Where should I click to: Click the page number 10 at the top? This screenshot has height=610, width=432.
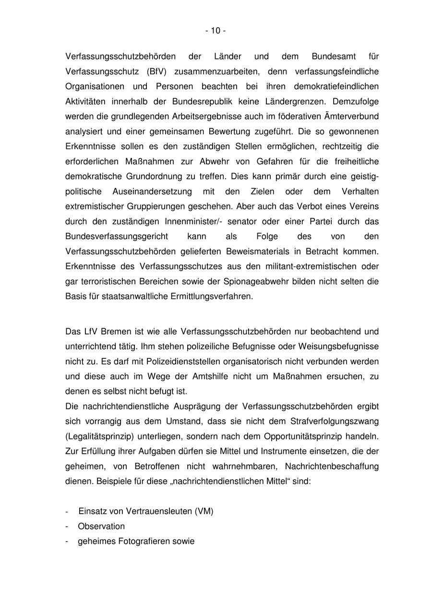[x=216, y=31]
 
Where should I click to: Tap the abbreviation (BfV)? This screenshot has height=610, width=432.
[x=157, y=71]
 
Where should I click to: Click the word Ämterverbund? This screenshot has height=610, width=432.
[x=354, y=116]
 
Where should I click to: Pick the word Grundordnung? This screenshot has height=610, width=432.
[x=147, y=176]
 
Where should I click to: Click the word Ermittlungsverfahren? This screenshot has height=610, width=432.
[x=211, y=296]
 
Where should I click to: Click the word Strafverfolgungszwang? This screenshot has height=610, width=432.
[x=335, y=421]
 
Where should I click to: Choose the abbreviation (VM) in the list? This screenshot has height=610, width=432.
[x=204, y=511]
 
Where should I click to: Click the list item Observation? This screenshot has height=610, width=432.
[x=101, y=526]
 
